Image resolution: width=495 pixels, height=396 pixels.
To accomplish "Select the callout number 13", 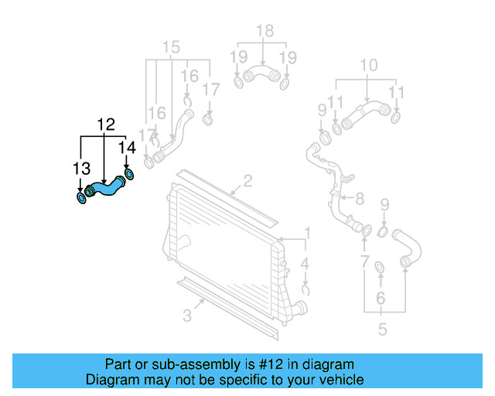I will pos(81,168).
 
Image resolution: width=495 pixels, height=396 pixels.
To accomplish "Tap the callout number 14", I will pos(127,147).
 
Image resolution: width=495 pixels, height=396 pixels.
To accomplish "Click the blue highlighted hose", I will pos(105,187).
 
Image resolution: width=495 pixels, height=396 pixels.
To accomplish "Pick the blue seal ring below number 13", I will pos(81,200).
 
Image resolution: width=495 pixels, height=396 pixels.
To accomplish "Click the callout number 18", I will pos(265,32).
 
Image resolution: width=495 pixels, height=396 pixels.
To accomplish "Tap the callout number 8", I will pos(358,199).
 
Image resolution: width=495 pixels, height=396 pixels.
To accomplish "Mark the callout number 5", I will pos(382,330).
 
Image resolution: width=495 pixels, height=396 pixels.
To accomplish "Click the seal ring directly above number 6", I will pos(381,268).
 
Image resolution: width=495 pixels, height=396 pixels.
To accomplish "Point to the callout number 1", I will pos(306,232).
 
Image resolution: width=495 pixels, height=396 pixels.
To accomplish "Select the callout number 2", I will pos(247,182).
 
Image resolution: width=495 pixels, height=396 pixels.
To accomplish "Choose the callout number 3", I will pos(186,315).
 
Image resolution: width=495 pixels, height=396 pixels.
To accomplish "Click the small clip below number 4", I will pos(306,290).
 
